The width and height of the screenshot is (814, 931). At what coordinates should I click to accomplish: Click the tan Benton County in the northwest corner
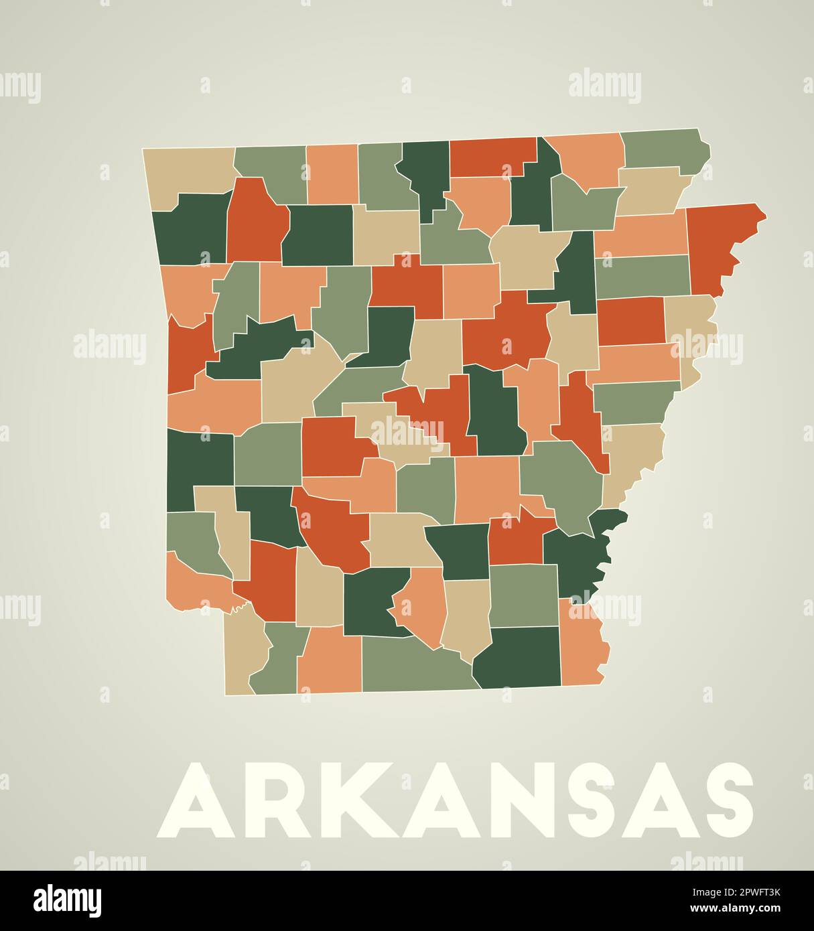(x=188, y=171)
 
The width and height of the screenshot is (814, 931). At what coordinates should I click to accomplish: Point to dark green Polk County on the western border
(x=198, y=462)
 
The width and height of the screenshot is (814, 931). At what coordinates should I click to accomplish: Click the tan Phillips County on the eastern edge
(x=633, y=459)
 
